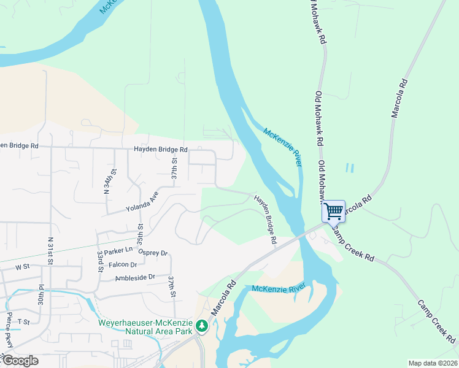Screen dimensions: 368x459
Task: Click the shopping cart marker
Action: click(x=334, y=212)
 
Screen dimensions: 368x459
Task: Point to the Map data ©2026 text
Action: click(x=433, y=362)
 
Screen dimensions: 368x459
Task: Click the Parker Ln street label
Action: click(x=118, y=250)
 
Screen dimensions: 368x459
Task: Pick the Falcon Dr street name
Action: click(x=124, y=265)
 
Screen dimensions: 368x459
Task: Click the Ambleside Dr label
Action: click(x=135, y=278)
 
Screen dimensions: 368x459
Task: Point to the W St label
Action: click(x=22, y=267)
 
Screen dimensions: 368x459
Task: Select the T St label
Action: click(x=23, y=321)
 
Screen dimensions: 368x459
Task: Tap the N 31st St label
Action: click(x=50, y=251)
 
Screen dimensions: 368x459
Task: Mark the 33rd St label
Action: click(x=100, y=261)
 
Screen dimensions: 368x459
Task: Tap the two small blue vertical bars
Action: click(x=350, y=167)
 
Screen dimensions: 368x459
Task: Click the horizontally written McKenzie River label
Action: click(x=278, y=288)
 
